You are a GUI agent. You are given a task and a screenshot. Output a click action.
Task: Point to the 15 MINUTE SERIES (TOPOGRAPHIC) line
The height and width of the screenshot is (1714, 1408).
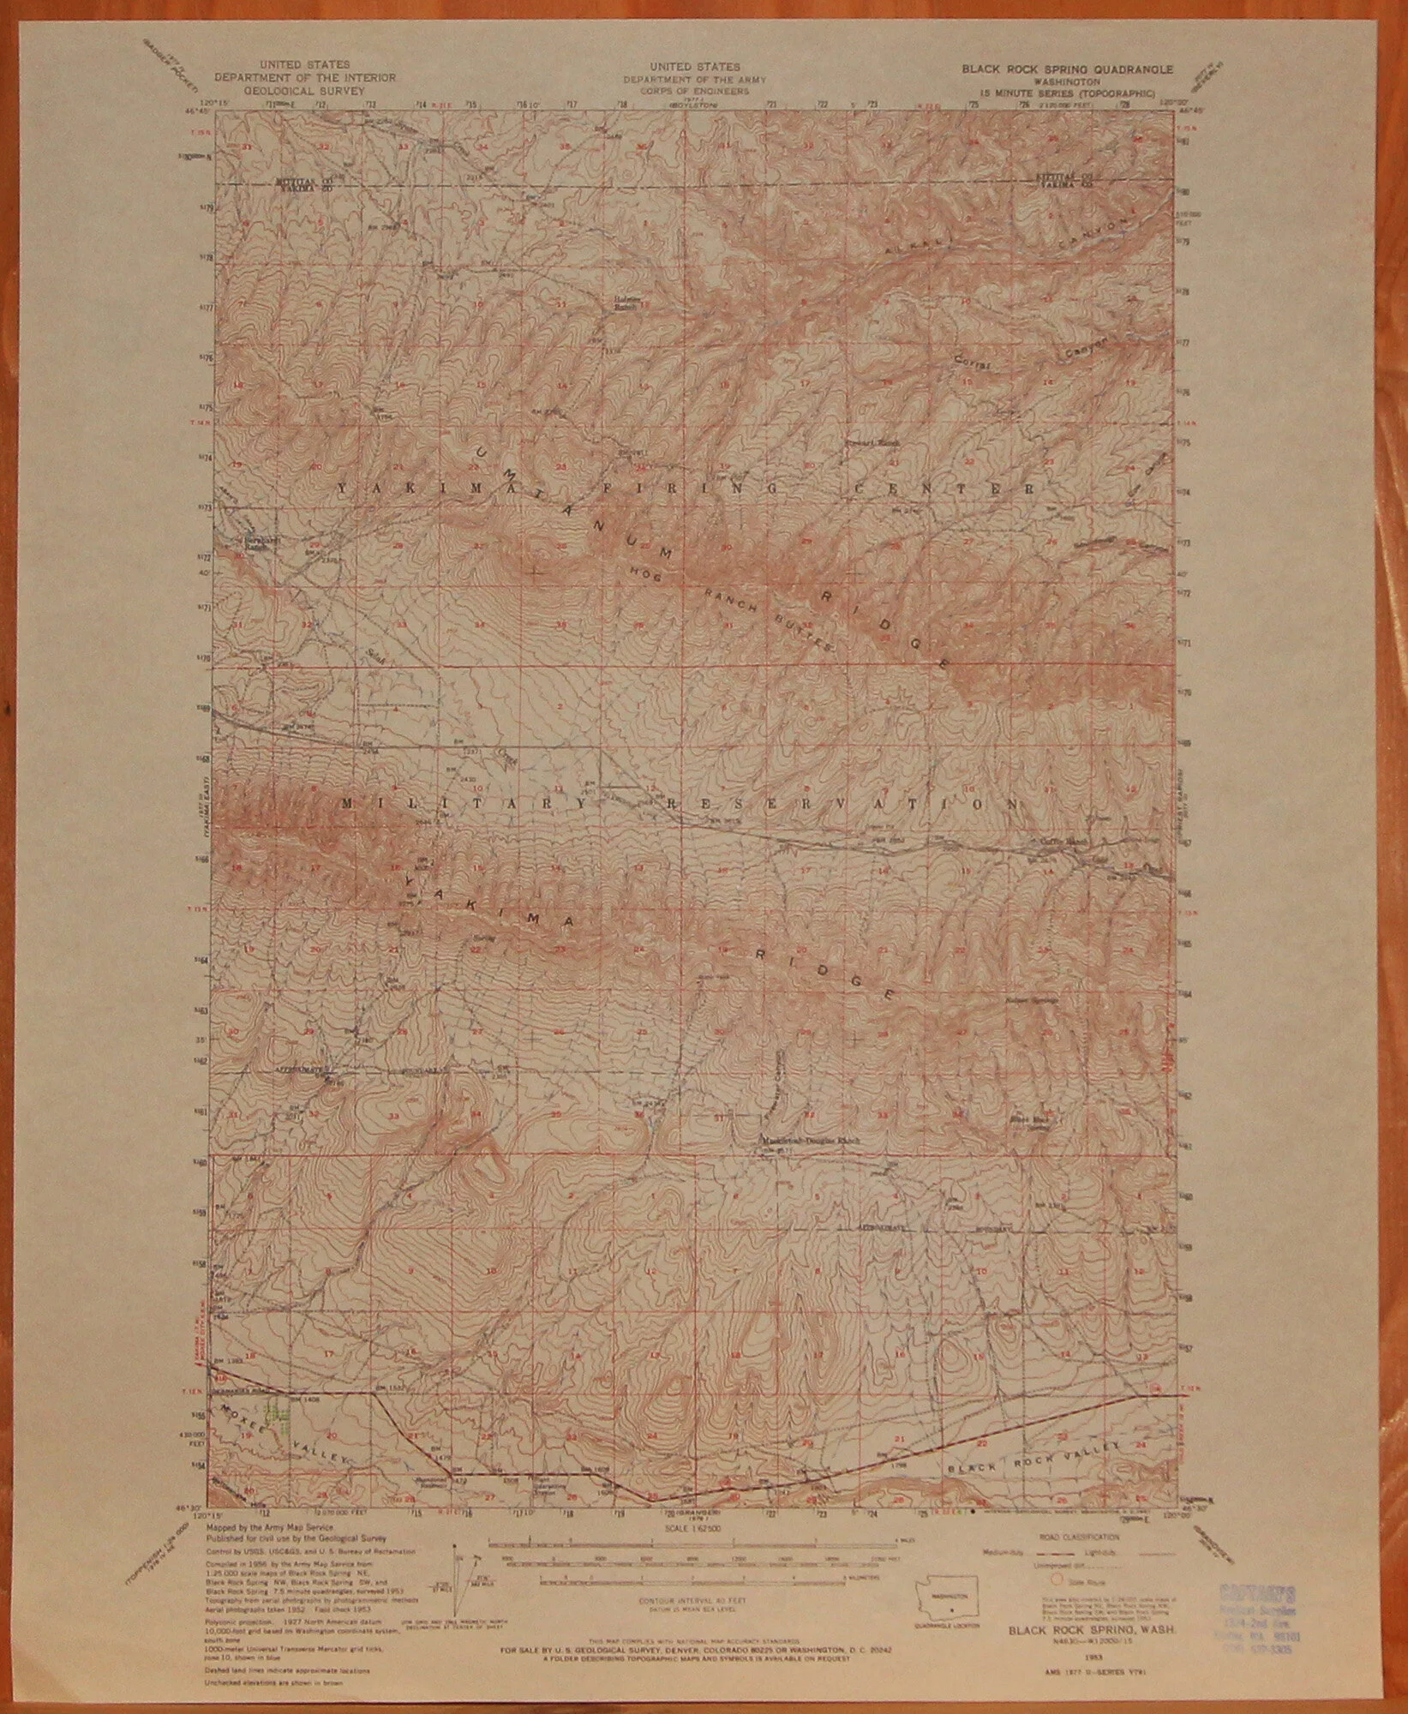1056,91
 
